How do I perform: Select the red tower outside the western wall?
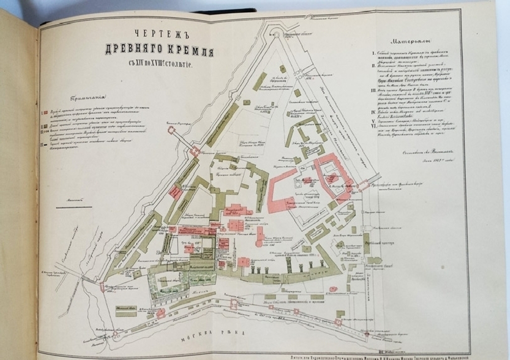(x=172, y=131)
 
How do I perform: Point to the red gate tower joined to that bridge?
(x=194, y=151)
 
